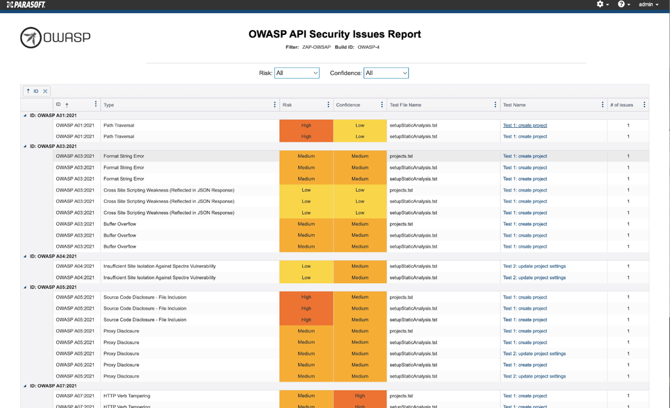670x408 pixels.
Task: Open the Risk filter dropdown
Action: (x=297, y=73)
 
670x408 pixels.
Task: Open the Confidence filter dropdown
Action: (x=386, y=73)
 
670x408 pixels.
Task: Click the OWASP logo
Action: (x=55, y=38)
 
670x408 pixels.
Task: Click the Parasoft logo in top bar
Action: (x=26, y=5)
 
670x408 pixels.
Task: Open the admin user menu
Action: (x=648, y=5)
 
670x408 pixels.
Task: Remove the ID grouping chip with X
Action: (x=45, y=91)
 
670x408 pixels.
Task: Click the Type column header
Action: (x=109, y=105)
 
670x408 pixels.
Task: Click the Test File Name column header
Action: (x=406, y=105)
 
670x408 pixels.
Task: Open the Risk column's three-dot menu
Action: (x=328, y=105)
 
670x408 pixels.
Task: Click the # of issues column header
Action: (x=622, y=105)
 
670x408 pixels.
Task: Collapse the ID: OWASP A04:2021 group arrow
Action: (x=25, y=256)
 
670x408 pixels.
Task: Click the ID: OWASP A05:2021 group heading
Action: (x=53, y=287)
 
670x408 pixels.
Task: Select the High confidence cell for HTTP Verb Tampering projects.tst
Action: (x=360, y=396)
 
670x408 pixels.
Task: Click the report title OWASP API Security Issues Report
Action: (x=334, y=34)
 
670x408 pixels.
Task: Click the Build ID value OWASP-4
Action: (x=368, y=47)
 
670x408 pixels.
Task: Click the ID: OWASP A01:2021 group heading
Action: (x=53, y=116)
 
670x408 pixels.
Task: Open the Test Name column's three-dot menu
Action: (x=602, y=105)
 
